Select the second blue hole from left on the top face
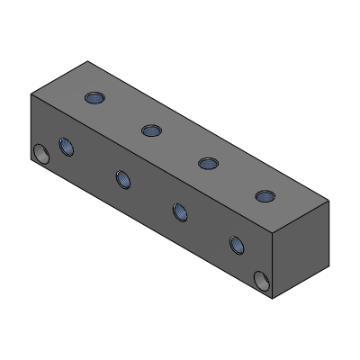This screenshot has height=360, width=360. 150,130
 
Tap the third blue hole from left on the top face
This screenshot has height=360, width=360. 208,163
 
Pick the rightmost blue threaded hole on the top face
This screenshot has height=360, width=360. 265,195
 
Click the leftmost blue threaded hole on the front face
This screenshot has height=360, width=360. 66,145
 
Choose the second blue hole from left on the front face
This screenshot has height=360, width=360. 122,178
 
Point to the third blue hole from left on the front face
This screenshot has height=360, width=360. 179,211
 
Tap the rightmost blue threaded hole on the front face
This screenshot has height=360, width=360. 236,244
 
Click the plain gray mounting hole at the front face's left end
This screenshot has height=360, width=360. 40,155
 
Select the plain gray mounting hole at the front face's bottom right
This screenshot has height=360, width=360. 262,282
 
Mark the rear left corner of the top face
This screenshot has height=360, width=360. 87,61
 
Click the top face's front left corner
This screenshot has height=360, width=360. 31,94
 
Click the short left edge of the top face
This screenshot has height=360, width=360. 59,77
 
